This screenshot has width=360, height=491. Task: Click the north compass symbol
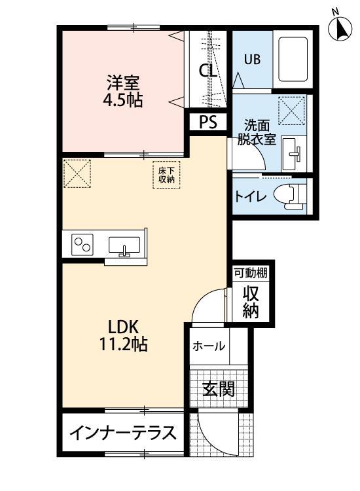pyautogui.click(x=340, y=28)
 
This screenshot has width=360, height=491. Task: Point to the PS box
pyautogui.click(x=207, y=122)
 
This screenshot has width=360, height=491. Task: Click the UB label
pyautogui.click(x=253, y=58)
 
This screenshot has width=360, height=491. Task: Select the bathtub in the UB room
pyautogui.click(x=293, y=60)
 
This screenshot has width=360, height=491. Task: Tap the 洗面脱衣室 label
pyautogui.click(x=260, y=132)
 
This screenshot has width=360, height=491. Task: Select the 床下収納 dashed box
pyautogui.click(x=166, y=174)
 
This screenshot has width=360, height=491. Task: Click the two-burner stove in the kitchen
pyautogui.click(x=82, y=245)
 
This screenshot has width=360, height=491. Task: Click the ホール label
pyautogui.click(x=209, y=346)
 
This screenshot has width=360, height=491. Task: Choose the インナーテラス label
pyautogui.click(x=123, y=433)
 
